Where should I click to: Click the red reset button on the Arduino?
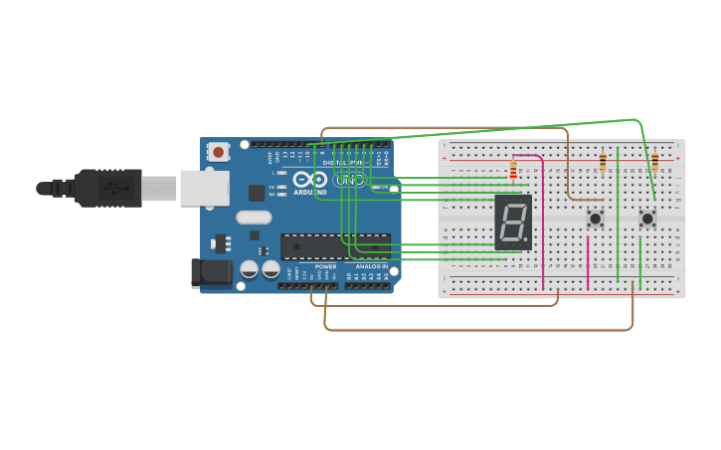click(218, 152)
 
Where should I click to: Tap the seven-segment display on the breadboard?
click(513, 222)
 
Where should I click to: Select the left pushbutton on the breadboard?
click(596, 219)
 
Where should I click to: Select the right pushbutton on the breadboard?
click(647, 218)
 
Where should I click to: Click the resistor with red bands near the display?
click(513, 172)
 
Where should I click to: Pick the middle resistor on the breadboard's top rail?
click(603, 162)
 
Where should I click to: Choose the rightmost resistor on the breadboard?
click(654, 162)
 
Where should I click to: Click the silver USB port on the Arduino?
click(204, 188)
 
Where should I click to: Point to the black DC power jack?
click(210, 272)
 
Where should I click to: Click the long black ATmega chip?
click(335, 245)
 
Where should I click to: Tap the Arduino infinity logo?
click(308, 180)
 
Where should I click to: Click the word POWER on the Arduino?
click(325, 266)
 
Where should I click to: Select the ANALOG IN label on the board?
click(371, 266)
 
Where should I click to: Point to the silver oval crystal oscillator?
click(254, 217)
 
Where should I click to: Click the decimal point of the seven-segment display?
click(529, 241)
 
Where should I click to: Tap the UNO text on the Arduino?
click(349, 180)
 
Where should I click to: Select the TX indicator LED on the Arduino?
click(283, 187)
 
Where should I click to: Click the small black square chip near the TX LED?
click(257, 192)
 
